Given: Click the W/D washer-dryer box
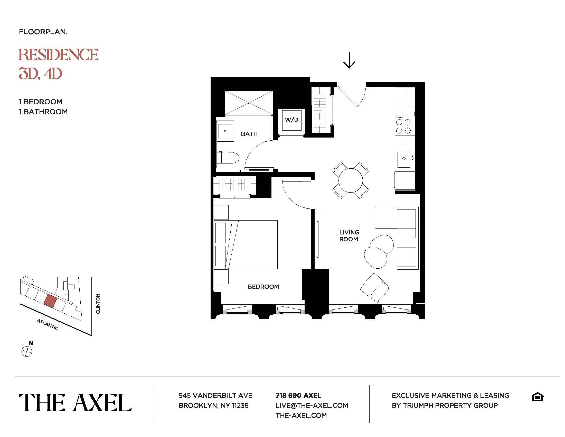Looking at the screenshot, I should [291, 120].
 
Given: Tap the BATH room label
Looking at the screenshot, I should [249, 134].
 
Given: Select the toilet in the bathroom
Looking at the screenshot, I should [228, 158].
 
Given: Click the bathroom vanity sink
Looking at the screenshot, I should [225, 131].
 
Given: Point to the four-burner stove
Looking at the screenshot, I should [404, 126].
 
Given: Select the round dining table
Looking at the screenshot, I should [351, 180].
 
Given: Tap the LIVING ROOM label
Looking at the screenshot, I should [349, 235].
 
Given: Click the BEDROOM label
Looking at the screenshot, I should [263, 287].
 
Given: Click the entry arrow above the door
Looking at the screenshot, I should [349, 60].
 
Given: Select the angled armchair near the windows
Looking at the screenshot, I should [375, 288].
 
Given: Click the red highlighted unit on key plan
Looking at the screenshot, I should [50, 301].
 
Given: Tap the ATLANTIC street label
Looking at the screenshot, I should [48, 324].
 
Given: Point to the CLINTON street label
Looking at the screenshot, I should [98, 304].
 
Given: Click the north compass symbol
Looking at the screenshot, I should [27, 351].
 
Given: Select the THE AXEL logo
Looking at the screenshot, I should [75, 403].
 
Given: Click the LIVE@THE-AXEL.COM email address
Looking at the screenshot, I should [312, 405].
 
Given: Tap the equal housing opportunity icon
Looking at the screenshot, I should [537, 397].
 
